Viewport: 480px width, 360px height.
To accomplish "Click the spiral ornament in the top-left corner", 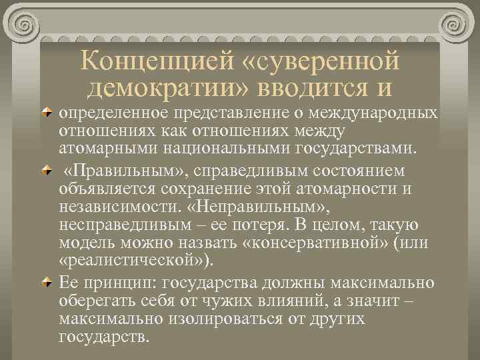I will pos(26,26).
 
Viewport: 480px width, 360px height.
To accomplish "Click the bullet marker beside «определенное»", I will pos(47,111).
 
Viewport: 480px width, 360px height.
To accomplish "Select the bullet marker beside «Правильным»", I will pos(47,171).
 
